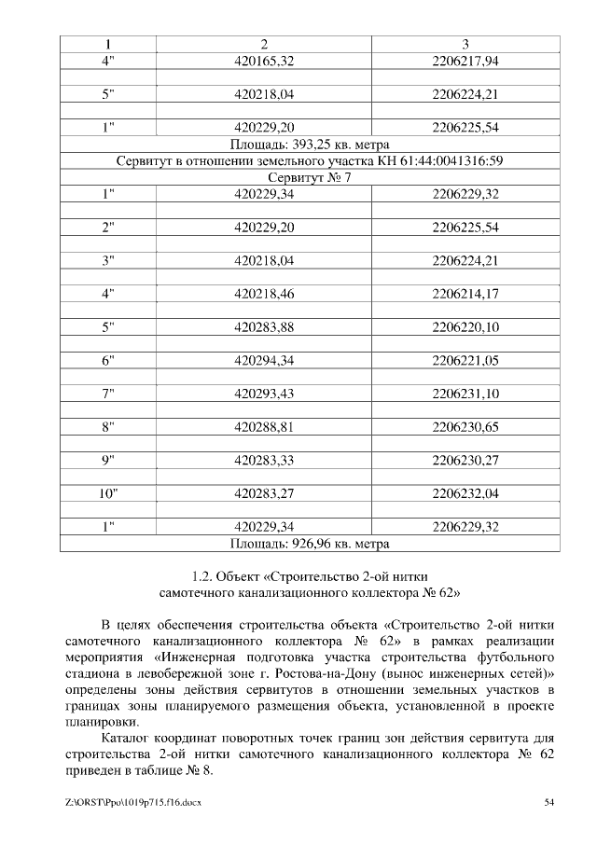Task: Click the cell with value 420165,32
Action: click(264, 61)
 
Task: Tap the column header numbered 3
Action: click(465, 44)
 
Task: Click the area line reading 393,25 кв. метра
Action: click(309, 145)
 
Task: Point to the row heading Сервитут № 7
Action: click(309, 178)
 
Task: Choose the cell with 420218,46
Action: click(264, 295)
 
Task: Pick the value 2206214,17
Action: click(465, 295)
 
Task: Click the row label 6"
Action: click(107, 361)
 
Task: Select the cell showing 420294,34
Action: click(264, 361)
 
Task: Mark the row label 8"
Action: click(107, 427)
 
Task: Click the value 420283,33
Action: click(264, 461)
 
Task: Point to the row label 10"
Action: click(107, 494)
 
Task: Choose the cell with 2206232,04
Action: click(465, 494)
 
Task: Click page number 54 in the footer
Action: click(550, 802)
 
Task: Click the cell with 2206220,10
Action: click(465, 327)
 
